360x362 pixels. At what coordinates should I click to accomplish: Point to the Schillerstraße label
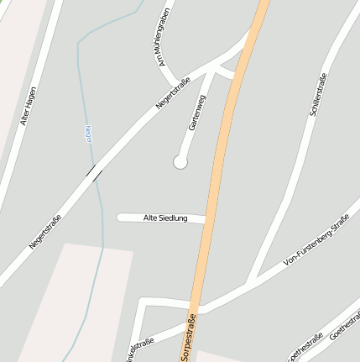coord(319,94)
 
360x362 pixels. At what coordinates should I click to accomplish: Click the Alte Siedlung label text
coord(163,218)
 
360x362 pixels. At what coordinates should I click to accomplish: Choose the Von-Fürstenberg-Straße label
coord(316,243)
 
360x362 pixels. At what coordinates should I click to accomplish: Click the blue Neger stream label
coord(88,136)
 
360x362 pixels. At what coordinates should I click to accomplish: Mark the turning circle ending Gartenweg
coord(180,162)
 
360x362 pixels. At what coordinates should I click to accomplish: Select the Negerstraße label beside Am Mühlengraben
coord(173,93)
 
